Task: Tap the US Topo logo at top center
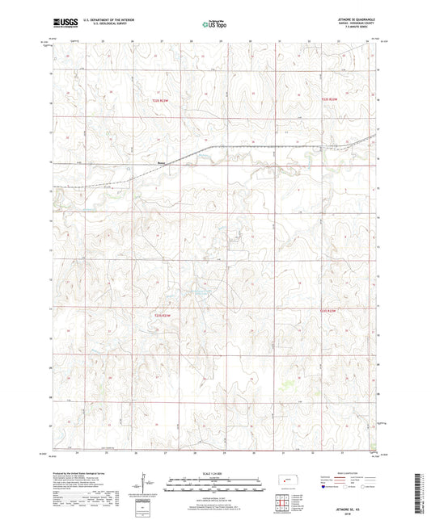[x=213, y=24]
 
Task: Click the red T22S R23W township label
[x=161, y=99]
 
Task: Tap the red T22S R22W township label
[x=328, y=99]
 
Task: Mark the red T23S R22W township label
[x=328, y=310]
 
